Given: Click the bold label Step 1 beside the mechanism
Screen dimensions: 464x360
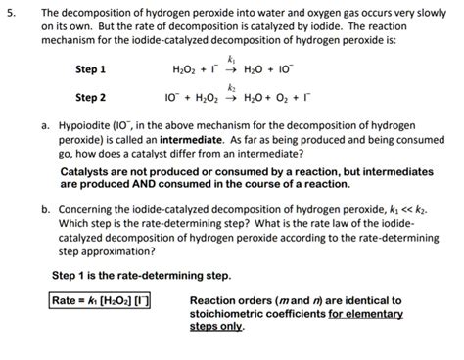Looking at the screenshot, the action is pos(90,69).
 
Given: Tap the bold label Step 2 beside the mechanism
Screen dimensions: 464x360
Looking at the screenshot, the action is pos(90,98).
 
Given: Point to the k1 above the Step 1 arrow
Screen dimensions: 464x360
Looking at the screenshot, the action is pos(231,60).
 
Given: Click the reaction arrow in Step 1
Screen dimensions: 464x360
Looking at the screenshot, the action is pos(231,69).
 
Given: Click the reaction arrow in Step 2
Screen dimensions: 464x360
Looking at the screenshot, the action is pos(232,98).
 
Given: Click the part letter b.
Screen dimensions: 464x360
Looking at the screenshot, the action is pos(45,209).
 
